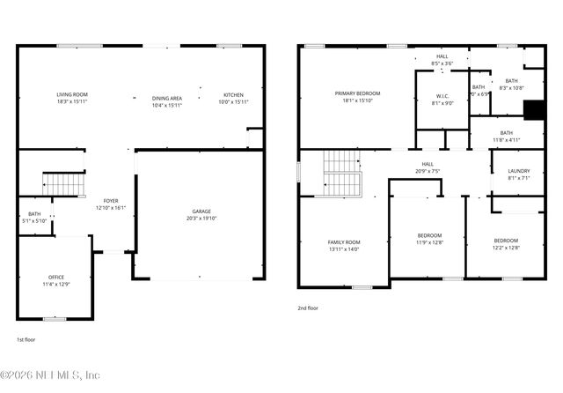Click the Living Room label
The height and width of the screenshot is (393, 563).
(x=72, y=95)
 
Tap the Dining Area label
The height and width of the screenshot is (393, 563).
(x=166, y=99)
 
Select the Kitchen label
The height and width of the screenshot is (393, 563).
(x=233, y=95)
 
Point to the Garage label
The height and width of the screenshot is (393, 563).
(x=202, y=211)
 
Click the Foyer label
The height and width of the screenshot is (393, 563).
(x=111, y=201)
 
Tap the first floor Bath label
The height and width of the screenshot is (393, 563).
(x=34, y=214)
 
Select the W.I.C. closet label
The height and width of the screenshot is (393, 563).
(x=442, y=97)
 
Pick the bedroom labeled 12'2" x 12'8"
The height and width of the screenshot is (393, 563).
(x=506, y=241)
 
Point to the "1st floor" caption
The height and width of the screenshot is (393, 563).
(x=26, y=339)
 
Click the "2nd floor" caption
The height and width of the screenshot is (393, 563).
(x=309, y=308)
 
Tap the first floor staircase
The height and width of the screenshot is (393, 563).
(x=62, y=183)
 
